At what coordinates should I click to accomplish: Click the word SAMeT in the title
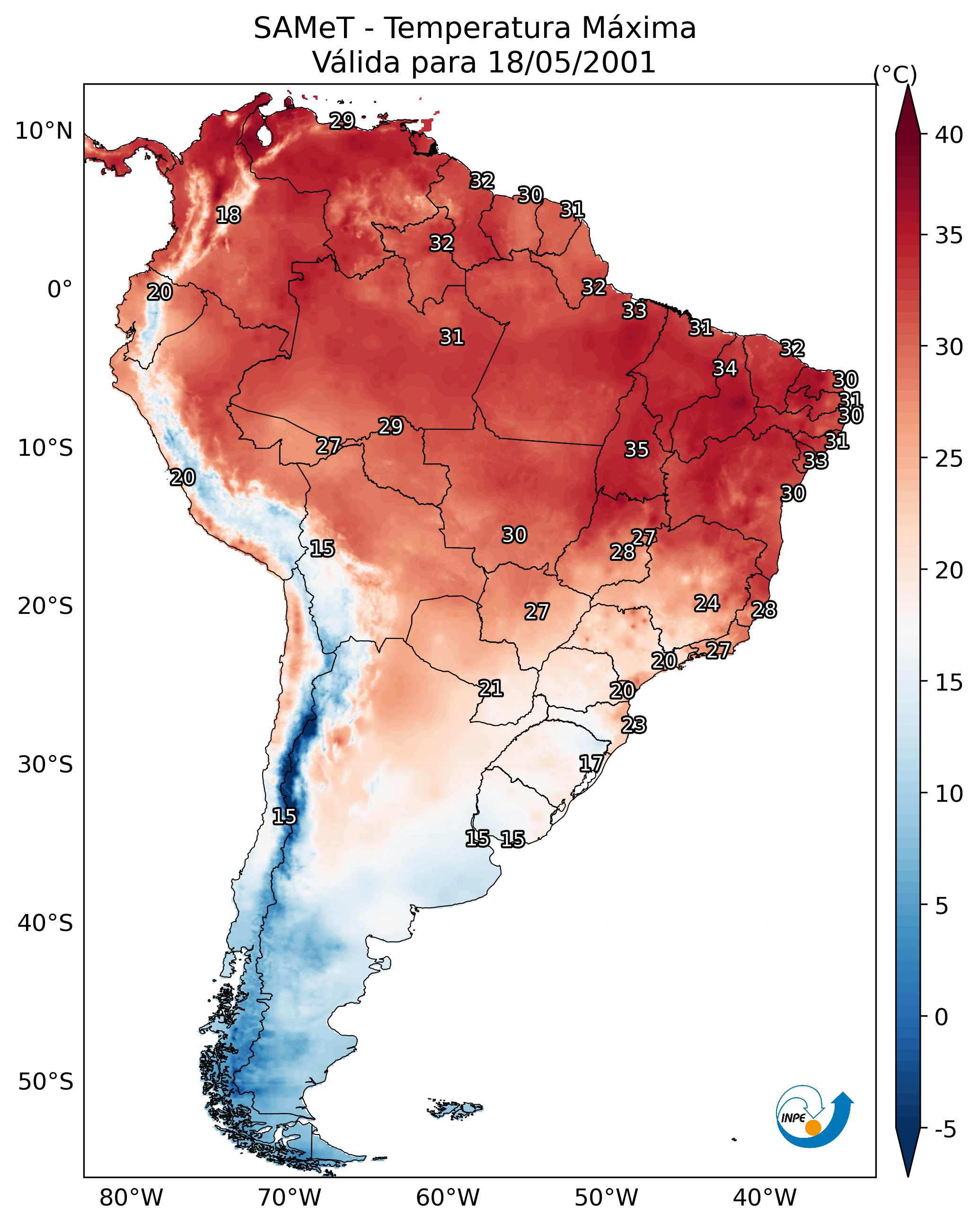[304, 28]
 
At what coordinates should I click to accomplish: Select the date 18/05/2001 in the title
[571, 62]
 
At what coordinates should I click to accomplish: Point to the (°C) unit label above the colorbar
[895, 74]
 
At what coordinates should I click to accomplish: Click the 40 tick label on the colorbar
[949, 135]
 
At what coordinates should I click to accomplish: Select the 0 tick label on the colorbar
[941, 1017]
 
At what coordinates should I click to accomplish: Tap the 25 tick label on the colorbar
[949, 459]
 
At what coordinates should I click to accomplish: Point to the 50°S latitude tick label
[45, 1082]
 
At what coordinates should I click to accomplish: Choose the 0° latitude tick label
[60, 290]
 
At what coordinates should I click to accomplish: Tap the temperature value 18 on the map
[228, 215]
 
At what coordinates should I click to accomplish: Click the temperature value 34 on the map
[725, 368]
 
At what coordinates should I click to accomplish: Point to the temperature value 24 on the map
[707, 603]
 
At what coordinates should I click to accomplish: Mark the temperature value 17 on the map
[591, 763]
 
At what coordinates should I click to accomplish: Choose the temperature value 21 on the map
[490, 688]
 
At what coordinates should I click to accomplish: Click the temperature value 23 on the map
[634, 725]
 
